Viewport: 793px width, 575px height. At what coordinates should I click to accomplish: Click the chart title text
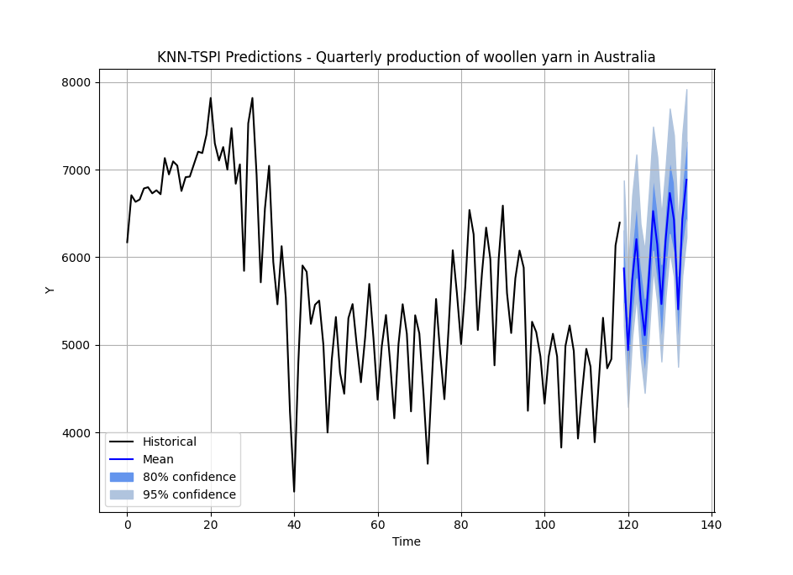coord(406,57)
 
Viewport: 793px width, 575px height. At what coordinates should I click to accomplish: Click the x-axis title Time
coord(406,542)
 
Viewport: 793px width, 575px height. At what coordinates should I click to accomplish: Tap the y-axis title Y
coord(50,290)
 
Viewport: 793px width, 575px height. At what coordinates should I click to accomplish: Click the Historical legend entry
coord(169,442)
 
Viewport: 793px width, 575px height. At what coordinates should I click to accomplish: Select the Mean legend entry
coord(158,460)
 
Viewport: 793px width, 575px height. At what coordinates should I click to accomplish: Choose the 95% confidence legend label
coord(189,494)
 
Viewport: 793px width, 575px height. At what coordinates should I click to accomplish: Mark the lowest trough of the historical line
coord(294,492)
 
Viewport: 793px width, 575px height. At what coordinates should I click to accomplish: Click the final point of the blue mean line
coord(686,179)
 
